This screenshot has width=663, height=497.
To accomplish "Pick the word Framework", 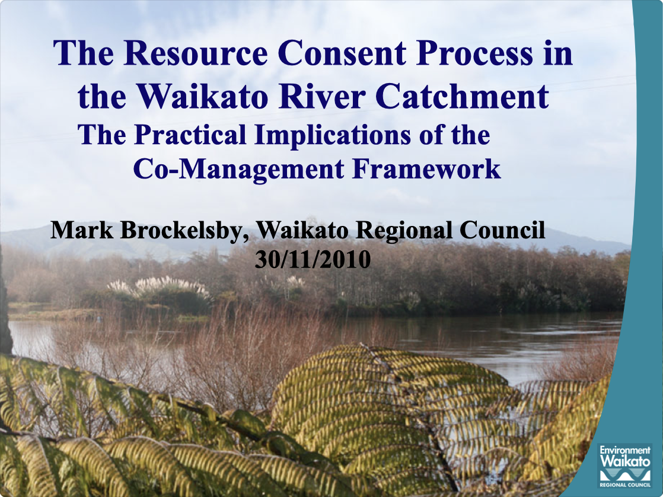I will tap(427, 170).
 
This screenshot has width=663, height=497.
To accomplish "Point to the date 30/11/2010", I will tap(313, 259).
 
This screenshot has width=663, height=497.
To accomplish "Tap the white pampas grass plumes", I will tap(160, 288).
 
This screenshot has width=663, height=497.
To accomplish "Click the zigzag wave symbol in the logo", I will tap(625, 475).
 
